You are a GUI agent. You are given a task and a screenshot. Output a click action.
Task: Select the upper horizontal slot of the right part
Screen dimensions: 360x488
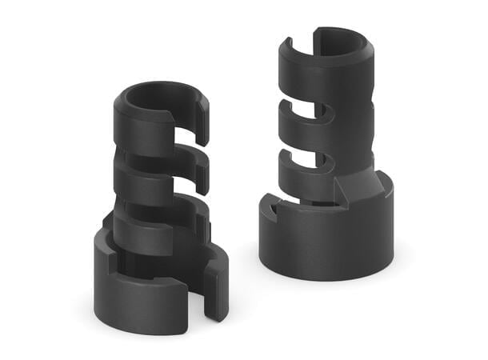point(308,120)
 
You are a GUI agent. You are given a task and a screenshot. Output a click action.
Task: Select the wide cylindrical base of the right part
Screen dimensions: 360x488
point(328,240)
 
